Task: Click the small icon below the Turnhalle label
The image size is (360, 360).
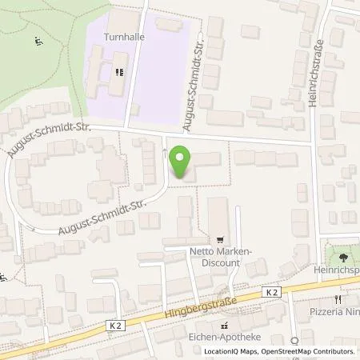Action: (x=120, y=71)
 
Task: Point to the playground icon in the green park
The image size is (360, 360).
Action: (x=37, y=42)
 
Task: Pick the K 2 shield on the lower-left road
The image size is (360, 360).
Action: (x=115, y=324)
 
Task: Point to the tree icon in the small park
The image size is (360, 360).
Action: (x=342, y=258)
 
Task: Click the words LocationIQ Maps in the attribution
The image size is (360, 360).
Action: (x=233, y=352)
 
